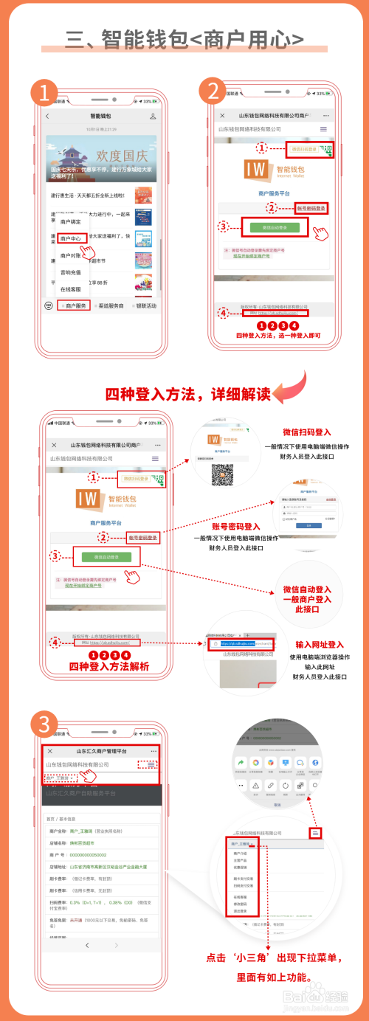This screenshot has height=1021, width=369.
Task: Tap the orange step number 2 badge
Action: (x=213, y=91)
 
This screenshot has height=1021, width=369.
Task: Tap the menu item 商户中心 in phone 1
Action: (x=72, y=239)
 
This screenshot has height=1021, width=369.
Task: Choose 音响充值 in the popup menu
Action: (x=71, y=272)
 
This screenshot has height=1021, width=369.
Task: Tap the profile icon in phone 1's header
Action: (x=153, y=117)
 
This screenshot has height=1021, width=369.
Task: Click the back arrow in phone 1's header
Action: (x=48, y=117)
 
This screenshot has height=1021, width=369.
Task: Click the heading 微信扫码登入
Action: (x=307, y=433)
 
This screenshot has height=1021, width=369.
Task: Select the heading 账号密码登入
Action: (x=238, y=527)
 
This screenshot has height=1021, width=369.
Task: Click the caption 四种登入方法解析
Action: (x=109, y=667)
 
